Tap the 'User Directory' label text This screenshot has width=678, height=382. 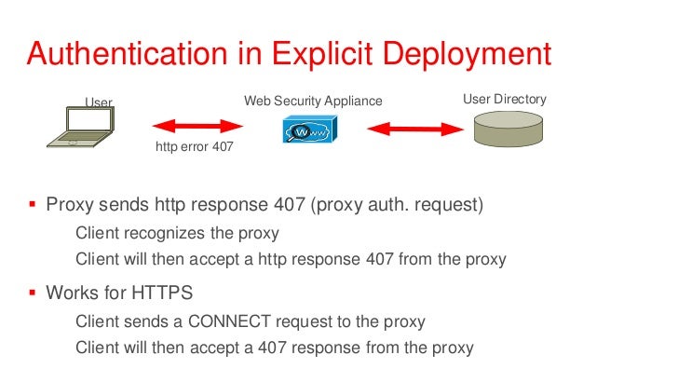click(504, 99)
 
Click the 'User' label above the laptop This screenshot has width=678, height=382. click(99, 102)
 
